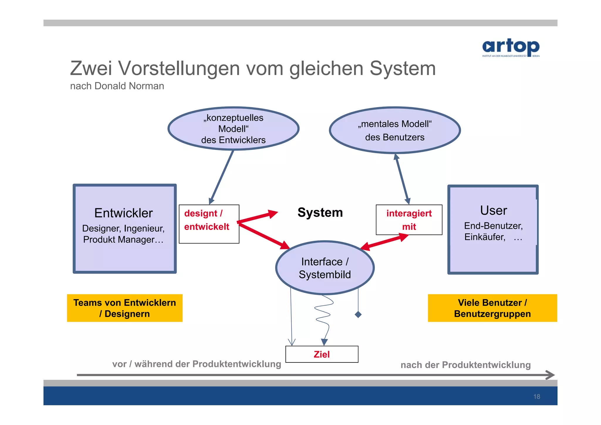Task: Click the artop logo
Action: pyautogui.click(x=511, y=47)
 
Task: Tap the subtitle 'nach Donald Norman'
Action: pyautogui.click(x=117, y=86)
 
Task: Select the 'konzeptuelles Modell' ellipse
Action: pyautogui.click(x=233, y=129)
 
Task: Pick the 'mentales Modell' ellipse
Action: pyautogui.click(x=395, y=130)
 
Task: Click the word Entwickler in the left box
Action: pyautogui.click(x=124, y=213)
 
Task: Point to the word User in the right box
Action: pyautogui.click(x=493, y=210)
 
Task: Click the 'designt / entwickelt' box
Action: pyautogui.click(x=209, y=224)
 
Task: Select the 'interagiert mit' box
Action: pyautogui.click(x=409, y=220)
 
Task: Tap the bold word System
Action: pyautogui.click(x=320, y=212)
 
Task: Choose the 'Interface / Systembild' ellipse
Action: pyautogui.click(x=325, y=268)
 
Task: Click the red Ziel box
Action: pyautogui.click(x=322, y=354)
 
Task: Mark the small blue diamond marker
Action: pyautogui.click(x=358, y=315)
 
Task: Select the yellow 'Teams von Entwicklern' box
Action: pyautogui.click(x=125, y=308)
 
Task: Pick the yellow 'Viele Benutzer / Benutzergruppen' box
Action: pyautogui.click(x=492, y=308)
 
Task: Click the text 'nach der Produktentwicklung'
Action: pyautogui.click(x=465, y=365)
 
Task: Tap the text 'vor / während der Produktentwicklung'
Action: pyautogui.click(x=197, y=364)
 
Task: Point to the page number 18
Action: pyautogui.click(x=536, y=397)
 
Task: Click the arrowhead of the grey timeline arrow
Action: pyautogui.click(x=551, y=375)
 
